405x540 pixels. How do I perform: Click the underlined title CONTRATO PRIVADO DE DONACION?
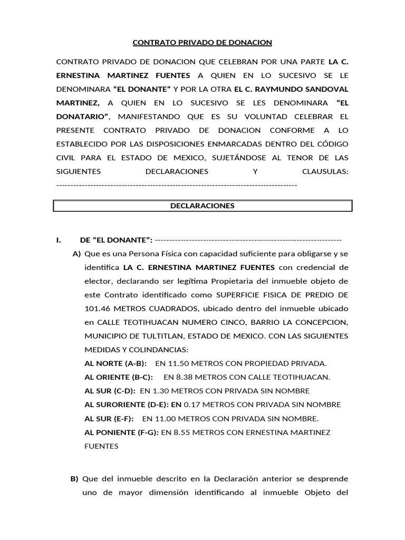pyautogui.click(x=202, y=42)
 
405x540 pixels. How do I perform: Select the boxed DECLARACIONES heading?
pyautogui.click(x=202, y=206)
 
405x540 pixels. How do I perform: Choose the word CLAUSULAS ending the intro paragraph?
pyautogui.click(x=325, y=171)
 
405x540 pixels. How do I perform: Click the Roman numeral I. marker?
pyautogui.click(x=59, y=240)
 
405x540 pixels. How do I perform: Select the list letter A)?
pyautogui.click(x=76, y=254)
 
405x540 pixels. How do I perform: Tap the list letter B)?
pyautogui.click(x=74, y=479)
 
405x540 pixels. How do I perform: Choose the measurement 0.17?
pyautogui.click(x=192, y=404)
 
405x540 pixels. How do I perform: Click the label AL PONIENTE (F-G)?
pyautogui.click(x=121, y=432)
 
